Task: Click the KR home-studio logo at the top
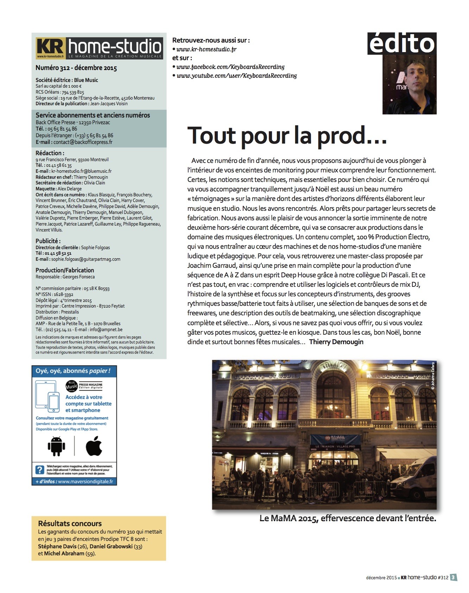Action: (x=99, y=48)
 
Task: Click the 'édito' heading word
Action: (x=402, y=44)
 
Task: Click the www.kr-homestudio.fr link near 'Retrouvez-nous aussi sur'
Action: (x=206, y=50)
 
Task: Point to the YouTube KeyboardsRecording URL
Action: (x=236, y=76)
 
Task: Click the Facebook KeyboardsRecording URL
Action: (x=230, y=67)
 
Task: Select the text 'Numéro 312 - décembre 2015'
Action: (x=76, y=68)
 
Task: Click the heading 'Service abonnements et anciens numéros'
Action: (x=93, y=115)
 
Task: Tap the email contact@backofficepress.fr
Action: (x=83, y=142)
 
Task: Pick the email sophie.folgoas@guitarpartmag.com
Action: (x=85, y=259)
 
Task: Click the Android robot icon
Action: (x=56, y=446)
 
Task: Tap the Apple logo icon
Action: (x=94, y=446)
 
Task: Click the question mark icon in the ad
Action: (x=40, y=469)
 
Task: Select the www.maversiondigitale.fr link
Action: (x=85, y=481)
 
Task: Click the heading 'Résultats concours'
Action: (x=70, y=524)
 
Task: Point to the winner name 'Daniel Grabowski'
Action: (x=111, y=547)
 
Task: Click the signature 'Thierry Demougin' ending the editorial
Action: (x=336, y=342)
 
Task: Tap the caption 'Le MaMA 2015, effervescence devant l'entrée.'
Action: (x=348, y=518)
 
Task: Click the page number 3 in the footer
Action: (x=454, y=578)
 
